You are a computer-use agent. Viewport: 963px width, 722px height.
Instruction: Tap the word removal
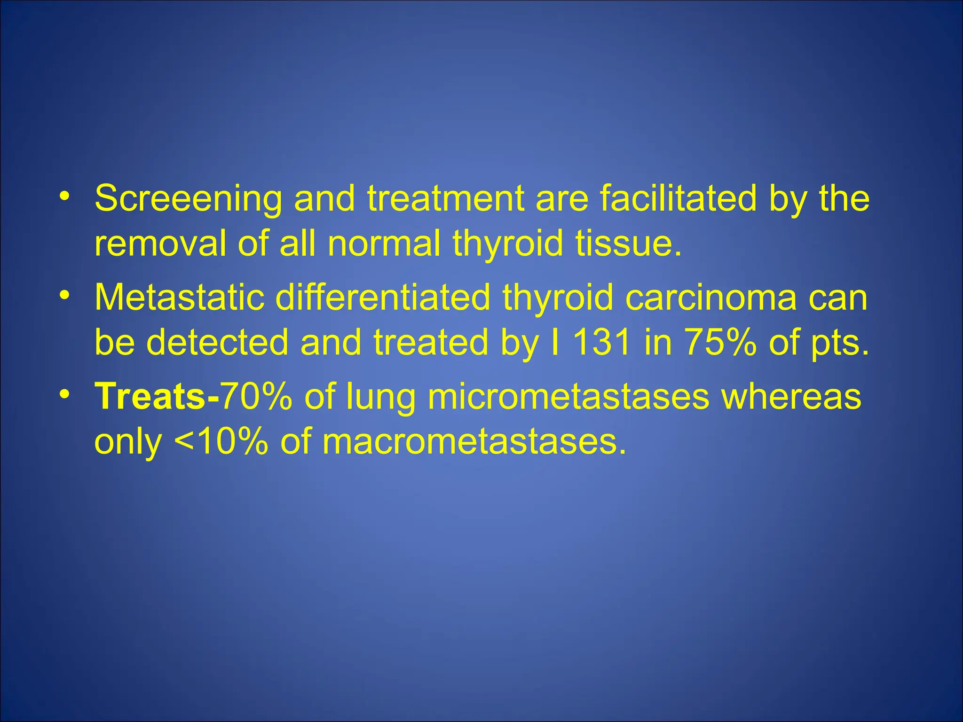pyautogui.click(x=160, y=243)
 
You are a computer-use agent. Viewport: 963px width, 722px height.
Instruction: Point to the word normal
pyautogui.click(x=384, y=243)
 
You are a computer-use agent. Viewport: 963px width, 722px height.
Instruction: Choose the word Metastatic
pyautogui.click(x=179, y=297)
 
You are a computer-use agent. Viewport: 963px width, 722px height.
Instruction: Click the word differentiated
pyautogui.click(x=382, y=297)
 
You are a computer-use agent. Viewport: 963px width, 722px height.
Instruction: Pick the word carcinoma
pyautogui.click(x=710, y=297)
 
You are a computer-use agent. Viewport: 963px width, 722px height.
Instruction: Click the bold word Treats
pyautogui.click(x=150, y=396)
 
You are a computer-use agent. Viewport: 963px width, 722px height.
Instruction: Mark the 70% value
pyautogui.click(x=256, y=396)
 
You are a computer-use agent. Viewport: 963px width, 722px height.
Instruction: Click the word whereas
pyautogui.click(x=791, y=396)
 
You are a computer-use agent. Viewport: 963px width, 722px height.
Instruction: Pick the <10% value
pyautogui.click(x=221, y=441)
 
